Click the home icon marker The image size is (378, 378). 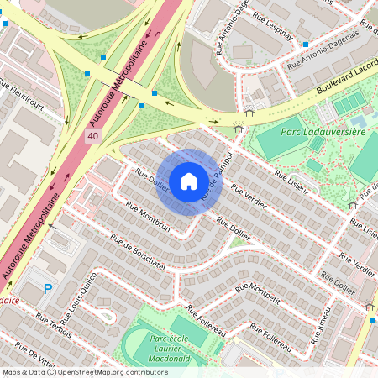(x=189, y=181)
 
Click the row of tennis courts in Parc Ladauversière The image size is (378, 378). (x=349, y=104)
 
